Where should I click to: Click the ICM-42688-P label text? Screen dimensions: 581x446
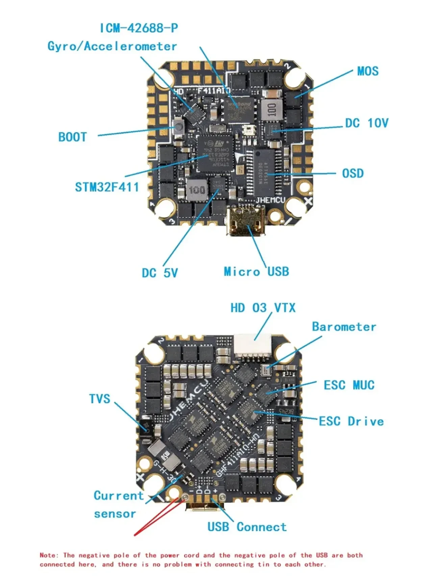pos(139,28)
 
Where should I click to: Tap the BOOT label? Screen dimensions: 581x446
pos(72,137)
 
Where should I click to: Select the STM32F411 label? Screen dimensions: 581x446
pos(107,187)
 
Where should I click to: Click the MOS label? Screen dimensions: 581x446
pos(368,71)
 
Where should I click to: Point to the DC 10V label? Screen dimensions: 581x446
pos(367,123)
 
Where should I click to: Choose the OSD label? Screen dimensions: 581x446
pos(353,173)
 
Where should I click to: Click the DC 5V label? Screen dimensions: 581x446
pos(159,273)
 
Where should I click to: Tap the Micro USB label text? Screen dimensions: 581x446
pos(256,271)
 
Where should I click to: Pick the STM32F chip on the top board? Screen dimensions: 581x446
pos(215,154)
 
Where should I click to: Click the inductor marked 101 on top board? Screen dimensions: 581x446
pos(271,110)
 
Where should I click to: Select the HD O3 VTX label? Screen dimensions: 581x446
pos(263,308)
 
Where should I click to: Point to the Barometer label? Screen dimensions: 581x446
pos(344,327)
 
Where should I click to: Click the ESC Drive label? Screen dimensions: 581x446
pos(351,421)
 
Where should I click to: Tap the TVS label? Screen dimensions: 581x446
pos(100,399)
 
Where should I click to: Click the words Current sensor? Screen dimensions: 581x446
pos(118,505)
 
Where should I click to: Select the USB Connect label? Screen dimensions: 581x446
pos(247,527)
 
